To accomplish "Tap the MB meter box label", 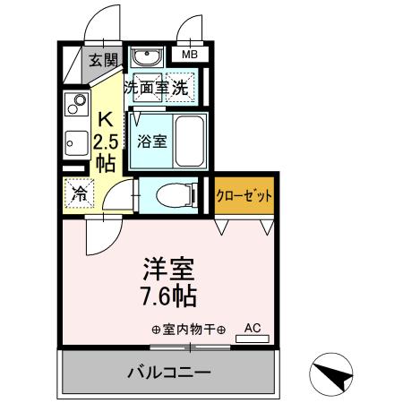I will [x=189, y=55].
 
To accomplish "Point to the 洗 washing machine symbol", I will [x=181, y=88].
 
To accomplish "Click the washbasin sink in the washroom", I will [x=144, y=57].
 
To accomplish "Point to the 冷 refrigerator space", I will [x=80, y=193].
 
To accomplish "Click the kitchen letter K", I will [x=105, y=119].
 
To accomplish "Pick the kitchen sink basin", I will [x=74, y=141].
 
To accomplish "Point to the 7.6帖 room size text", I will [x=168, y=295].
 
